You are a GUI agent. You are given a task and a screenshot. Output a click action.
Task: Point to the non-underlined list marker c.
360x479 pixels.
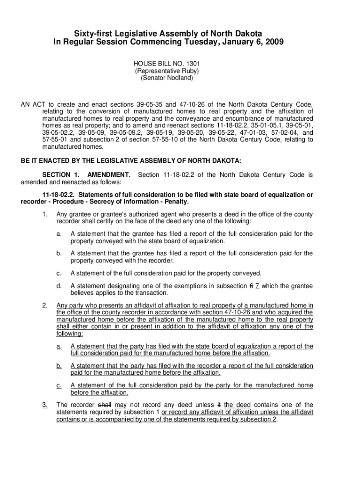pyautogui.click(x=59, y=273)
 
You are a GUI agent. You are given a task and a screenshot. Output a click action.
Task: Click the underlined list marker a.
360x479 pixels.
pyautogui.click(x=59, y=346)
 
